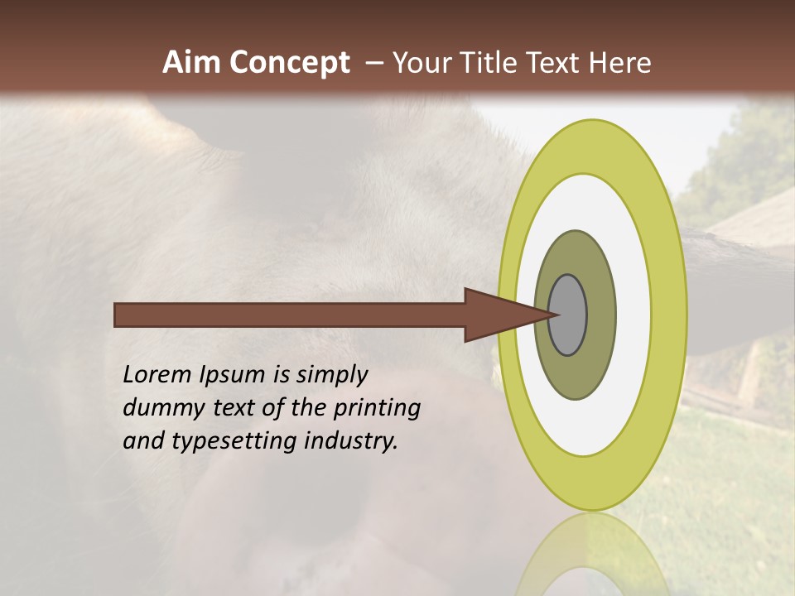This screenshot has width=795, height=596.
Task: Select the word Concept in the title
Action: pos(291,63)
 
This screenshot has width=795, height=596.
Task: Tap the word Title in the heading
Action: pos(489,63)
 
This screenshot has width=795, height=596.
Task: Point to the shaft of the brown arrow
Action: pos(290,315)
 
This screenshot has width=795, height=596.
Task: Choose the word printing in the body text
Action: pos(379,409)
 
